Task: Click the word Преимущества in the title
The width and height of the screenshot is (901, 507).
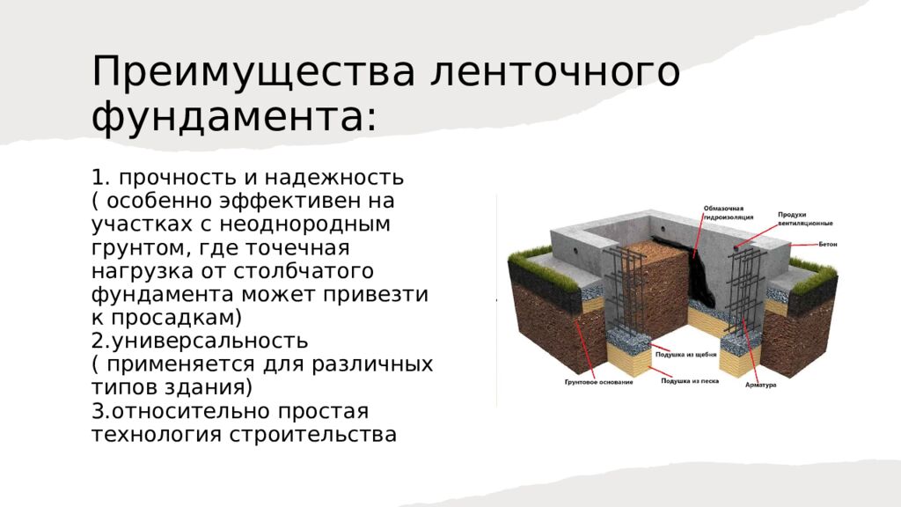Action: [253, 71]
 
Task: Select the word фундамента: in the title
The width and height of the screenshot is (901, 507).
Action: [234, 117]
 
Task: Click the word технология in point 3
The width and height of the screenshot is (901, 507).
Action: [157, 435]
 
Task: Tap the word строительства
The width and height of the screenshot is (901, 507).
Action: [312, 435]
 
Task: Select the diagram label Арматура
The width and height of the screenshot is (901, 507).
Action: [760, 386]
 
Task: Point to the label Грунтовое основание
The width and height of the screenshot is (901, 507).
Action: [599, 382]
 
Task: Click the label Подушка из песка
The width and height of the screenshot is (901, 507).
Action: [685, 382]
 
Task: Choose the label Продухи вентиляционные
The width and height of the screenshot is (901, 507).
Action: [804, 219]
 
